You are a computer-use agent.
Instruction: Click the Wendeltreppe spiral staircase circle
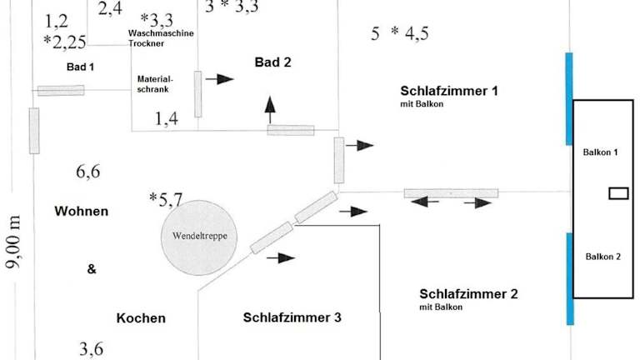200,236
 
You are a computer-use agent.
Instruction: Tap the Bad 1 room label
81,66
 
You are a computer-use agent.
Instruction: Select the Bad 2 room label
273,62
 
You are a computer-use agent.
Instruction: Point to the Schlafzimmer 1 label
449,91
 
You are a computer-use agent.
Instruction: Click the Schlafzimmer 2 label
468,294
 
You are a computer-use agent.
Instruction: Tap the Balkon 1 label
600,152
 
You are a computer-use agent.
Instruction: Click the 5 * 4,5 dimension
400,33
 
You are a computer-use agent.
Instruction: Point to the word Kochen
141,318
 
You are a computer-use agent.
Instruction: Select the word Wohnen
81,212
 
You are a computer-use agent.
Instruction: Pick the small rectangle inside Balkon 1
618,193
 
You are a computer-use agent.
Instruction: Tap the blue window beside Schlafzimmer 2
570,278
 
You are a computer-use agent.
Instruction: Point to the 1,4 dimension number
167,119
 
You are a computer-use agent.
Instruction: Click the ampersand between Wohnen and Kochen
92,269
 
